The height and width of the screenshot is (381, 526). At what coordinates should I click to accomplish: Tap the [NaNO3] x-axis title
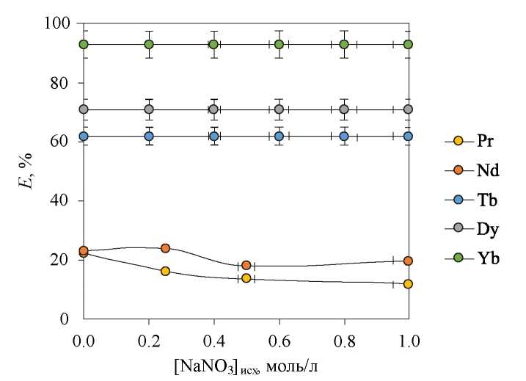[246, 366]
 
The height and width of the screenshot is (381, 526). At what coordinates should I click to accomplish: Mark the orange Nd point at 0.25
[165, 248]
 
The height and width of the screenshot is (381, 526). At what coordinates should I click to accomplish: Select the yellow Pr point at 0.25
[165, 271]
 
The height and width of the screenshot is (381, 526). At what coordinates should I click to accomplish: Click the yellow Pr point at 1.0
[408, 284]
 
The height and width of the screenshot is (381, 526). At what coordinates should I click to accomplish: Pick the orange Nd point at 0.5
[246, 265]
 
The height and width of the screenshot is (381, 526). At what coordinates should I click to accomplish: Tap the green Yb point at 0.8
[343, 44]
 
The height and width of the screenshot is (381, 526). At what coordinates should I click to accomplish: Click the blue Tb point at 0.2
[149, 136]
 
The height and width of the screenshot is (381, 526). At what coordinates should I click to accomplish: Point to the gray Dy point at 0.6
[279, 109]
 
